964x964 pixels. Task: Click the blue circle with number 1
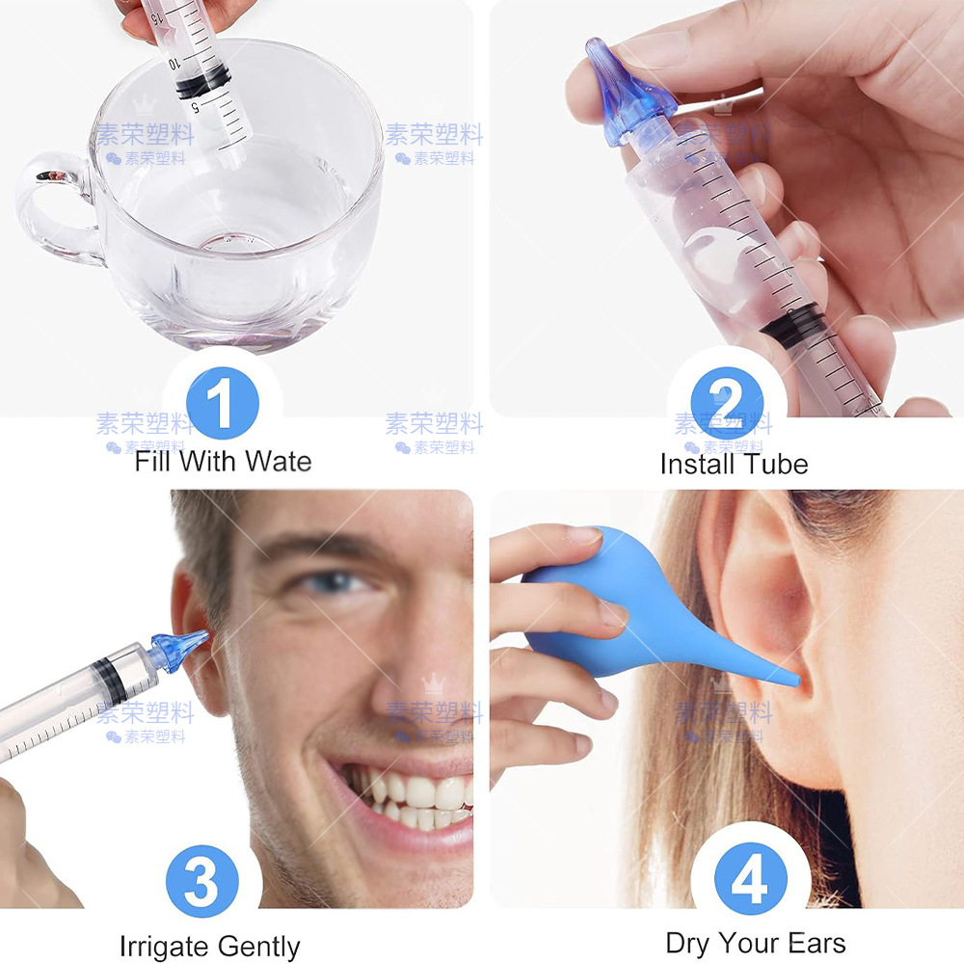tap(222, 404)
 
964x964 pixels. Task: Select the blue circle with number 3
tap(201, 880)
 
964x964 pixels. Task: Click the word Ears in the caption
tap(816, 943)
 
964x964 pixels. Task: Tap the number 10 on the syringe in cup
tap(174, 62)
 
